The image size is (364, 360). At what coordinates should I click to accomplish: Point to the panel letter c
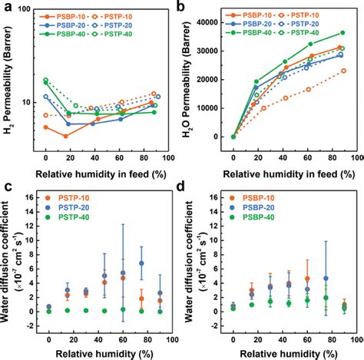[6, 187]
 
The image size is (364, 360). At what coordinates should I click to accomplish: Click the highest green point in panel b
[342, 33]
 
